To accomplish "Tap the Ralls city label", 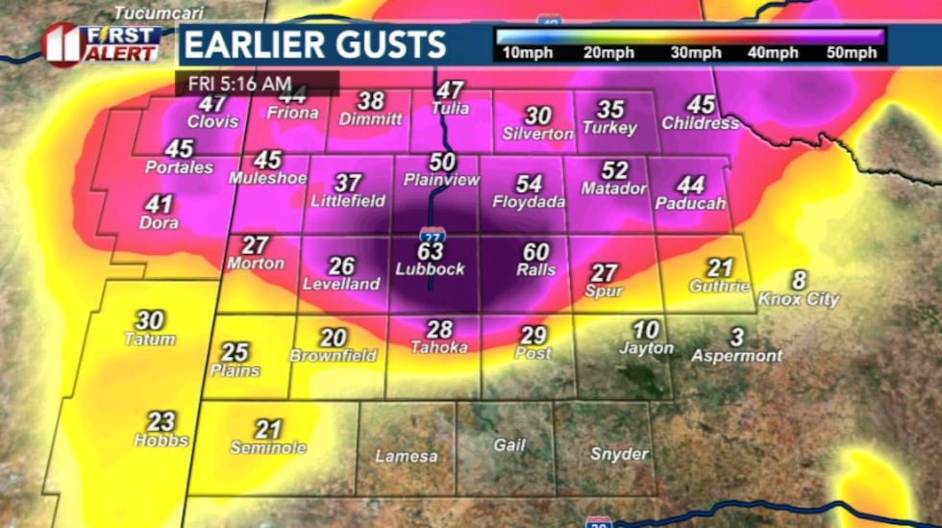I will pos(535,270).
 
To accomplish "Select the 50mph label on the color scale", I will pos(852,53).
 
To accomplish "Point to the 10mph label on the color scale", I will pos(522,53).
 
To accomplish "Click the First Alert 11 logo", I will pos(101,44).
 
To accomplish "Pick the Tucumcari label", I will pos(147,13).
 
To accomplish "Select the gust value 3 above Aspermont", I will pos(737,338).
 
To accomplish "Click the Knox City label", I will pos(799,299).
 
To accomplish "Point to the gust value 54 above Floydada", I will pos(529,184).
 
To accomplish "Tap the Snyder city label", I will pos(619,454).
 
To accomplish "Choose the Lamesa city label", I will pos(406,457).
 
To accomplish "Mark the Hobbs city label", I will pos(161,440).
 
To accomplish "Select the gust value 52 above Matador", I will pos(613,171).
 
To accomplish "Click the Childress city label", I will pos(700,123).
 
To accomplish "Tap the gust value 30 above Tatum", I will pos(149,320).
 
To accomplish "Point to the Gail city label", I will pos(509,445).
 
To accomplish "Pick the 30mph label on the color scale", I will pos(688,53).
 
